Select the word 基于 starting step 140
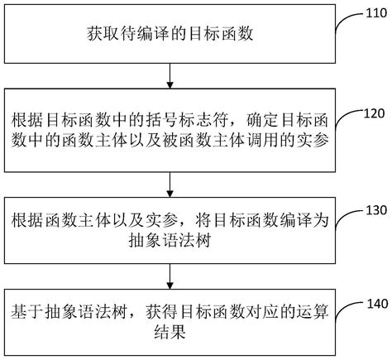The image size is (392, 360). [25, 315]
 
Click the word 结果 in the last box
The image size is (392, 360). [25, 337]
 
